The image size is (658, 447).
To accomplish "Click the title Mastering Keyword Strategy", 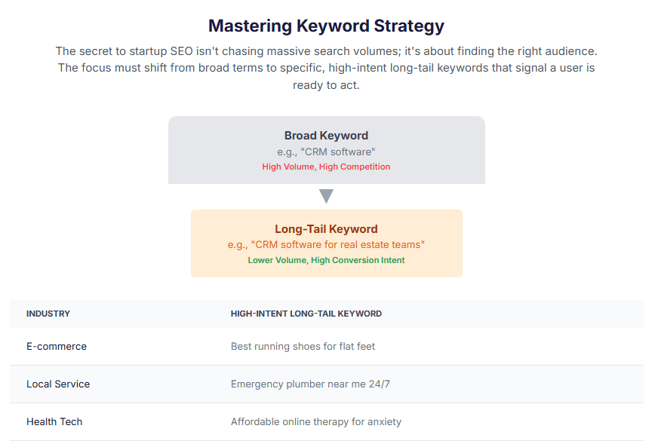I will click(326, 26).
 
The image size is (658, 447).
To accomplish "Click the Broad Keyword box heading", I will click(326, 136).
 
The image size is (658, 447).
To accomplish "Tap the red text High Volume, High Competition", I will click(326, 167).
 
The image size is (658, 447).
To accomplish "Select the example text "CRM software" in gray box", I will click(326, 152).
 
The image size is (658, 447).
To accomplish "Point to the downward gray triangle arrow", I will click(326, 196).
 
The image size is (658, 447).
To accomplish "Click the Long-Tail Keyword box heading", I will click(326, 229).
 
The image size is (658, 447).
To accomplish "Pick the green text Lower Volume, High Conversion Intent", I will click(326, 260).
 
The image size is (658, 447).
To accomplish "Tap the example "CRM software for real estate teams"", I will click(326, 245).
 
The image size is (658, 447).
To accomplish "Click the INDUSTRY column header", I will click(48, 314).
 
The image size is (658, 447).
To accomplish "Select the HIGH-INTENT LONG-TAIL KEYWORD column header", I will click(306, 314).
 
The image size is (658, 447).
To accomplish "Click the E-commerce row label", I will click(57, 347).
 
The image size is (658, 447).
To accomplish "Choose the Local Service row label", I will click(58, 384).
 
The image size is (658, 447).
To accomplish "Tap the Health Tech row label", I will click(54, 422).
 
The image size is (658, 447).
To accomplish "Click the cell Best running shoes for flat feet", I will click(303, 347).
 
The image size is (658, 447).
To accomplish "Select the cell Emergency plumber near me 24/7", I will click(310, 384).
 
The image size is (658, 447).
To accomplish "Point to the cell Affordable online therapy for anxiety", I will click(315, 422).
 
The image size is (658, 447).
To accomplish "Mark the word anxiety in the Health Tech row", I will click(383, 422).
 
